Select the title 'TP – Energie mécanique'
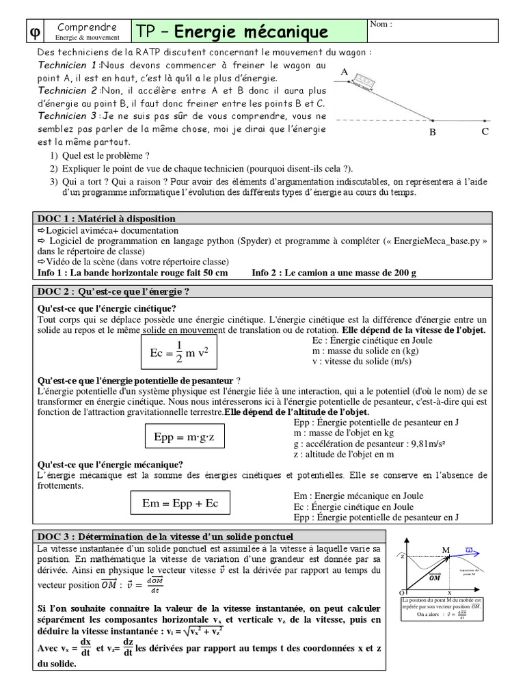[x=232, y=31]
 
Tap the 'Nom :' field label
[x=381, y=25]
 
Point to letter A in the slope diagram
[x=344, y=72]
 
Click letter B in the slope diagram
[x=432, y=133]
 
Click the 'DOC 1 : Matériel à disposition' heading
[x=107, y=219]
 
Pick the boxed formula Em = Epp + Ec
[x=180, y=503]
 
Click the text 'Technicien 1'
[x=67, y=65]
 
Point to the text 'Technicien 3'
[x=67, y=116]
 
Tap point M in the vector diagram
[x=446, y=551]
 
